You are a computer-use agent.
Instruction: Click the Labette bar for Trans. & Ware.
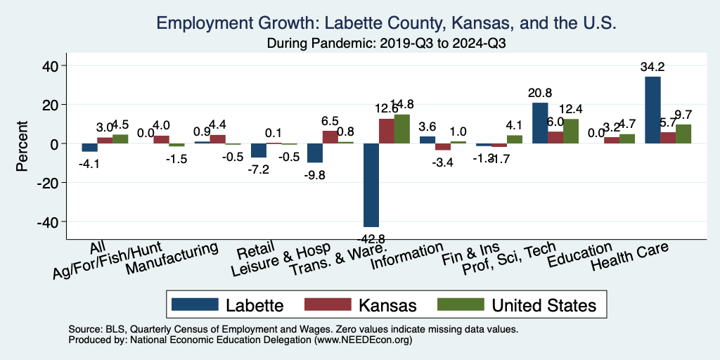(x=371, y=185)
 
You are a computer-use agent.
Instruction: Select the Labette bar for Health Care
(x=652, y=110)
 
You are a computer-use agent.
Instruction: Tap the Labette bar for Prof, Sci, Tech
(x=540, y=123)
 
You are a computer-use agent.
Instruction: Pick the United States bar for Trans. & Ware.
(x=401, y=129)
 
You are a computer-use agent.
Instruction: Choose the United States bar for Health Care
(x=683, y=134)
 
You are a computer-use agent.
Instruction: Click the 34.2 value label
(x=652, y=67)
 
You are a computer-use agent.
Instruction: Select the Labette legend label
(x=255, y=305)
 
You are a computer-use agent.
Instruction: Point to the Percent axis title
(x=22, y=144)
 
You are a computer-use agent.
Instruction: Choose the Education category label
(x=580, y=255)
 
